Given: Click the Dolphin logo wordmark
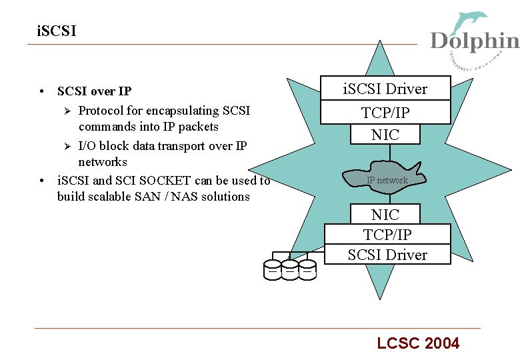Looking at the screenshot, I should (474, 41).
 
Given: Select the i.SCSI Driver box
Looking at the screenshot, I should (385, 89).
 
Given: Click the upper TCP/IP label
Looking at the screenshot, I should (385, 113).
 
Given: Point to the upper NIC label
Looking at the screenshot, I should (385, 134).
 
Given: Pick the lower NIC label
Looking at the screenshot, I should (385, 215).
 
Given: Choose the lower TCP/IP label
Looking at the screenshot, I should (387, 235).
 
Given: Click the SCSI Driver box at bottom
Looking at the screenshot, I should (387, 255).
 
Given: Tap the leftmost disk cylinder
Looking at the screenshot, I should (273, 268).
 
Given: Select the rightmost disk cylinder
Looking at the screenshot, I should (307, 268).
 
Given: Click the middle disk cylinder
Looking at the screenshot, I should (290, 268).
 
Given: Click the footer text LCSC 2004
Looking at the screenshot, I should (418, 343).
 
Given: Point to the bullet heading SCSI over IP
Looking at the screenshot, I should (94, 91).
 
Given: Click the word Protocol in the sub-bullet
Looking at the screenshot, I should (100, 110).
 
